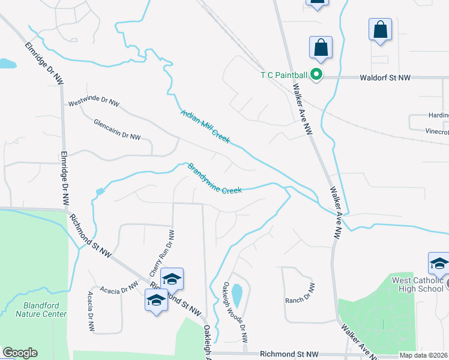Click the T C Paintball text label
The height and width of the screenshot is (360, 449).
283,75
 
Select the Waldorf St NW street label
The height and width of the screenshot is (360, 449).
385,78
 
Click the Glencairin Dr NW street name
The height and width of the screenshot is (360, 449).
117,129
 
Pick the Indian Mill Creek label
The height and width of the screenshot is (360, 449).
205,126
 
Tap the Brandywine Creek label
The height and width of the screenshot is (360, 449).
215,179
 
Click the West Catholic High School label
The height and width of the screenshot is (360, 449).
418,284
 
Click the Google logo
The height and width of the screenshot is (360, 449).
20,353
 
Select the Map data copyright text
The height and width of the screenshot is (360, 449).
423,355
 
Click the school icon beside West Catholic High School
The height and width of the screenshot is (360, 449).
439,263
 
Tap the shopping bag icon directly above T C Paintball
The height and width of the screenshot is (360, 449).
321,47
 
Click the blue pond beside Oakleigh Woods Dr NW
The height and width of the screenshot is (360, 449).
237,295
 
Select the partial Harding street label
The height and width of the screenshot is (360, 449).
438,116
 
